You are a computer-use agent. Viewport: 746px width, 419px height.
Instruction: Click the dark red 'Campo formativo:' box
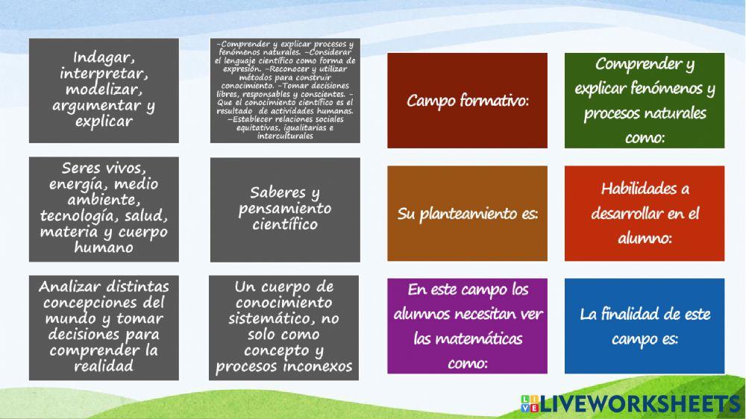click(467, 101)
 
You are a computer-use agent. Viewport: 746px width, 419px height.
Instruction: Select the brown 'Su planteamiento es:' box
click(467, 214)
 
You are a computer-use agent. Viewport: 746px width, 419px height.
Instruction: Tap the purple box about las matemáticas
click(467, 326)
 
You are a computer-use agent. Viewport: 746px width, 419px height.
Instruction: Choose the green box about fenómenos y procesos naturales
click(645, 101)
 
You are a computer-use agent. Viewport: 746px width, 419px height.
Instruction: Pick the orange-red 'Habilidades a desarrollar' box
click(645, 214)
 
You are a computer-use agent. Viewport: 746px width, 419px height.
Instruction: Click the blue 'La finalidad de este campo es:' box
click(645, 326)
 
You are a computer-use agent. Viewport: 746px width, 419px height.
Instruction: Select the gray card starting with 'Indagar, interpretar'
click(104, 90)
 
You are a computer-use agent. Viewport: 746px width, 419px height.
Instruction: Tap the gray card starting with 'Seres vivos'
click(104, 209)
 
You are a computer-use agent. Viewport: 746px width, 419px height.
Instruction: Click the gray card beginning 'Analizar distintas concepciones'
click(104, 327)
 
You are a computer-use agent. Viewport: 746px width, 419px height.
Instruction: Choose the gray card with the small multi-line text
click(284, 90)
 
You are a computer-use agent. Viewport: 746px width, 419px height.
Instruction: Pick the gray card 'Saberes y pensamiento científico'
click(284, 209)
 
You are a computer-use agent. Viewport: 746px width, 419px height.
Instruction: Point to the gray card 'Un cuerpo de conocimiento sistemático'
click(284, 327)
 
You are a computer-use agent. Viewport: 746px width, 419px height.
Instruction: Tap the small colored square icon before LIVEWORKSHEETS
click(529, 403)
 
